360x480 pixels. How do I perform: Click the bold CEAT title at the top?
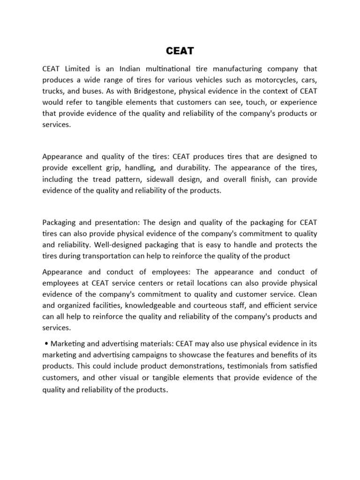pos(180,51)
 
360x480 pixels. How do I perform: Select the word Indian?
pos(127,69)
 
